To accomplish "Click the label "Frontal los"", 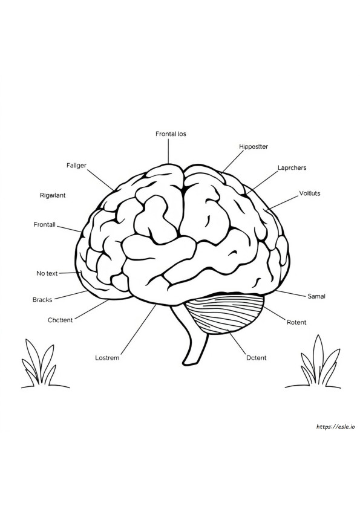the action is (171, 134).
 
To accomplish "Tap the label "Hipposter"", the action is (254, 147).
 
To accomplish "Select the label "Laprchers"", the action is (292, 168).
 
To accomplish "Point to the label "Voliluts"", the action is (309, 193).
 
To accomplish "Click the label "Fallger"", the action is (76, 166).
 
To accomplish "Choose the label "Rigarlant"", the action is (53, 195).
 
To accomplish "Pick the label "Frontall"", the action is (45, 225).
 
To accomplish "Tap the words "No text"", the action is (47, 273).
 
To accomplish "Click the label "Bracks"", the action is (42, 300).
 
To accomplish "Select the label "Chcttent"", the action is (60, 320).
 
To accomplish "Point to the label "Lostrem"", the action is (107, 358).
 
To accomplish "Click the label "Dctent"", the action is (257, 358).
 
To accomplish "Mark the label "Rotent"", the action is (296, 322).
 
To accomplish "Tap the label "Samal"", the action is (316, 296).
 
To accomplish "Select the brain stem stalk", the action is (194, 337).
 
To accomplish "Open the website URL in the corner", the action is (335, 427).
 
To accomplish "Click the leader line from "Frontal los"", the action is (168, 151).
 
